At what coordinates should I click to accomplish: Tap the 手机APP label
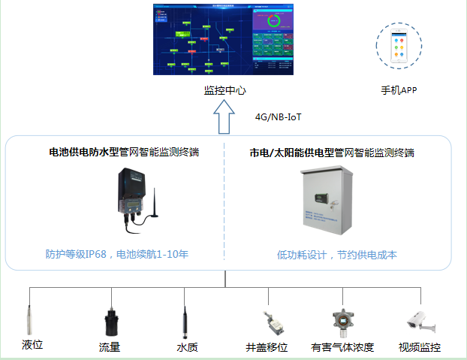[398, 90]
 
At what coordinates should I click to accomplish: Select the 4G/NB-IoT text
[279, 117]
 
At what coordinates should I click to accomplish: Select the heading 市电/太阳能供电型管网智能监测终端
[332, 153]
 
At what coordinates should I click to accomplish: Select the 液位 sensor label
[32, 345]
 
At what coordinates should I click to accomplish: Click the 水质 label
[187, 347]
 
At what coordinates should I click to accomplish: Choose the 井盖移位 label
[267, 347]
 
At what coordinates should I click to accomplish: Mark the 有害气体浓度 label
[342, 347]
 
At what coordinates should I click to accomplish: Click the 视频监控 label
[420, 347]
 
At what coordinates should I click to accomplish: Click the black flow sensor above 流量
[110, 321]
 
